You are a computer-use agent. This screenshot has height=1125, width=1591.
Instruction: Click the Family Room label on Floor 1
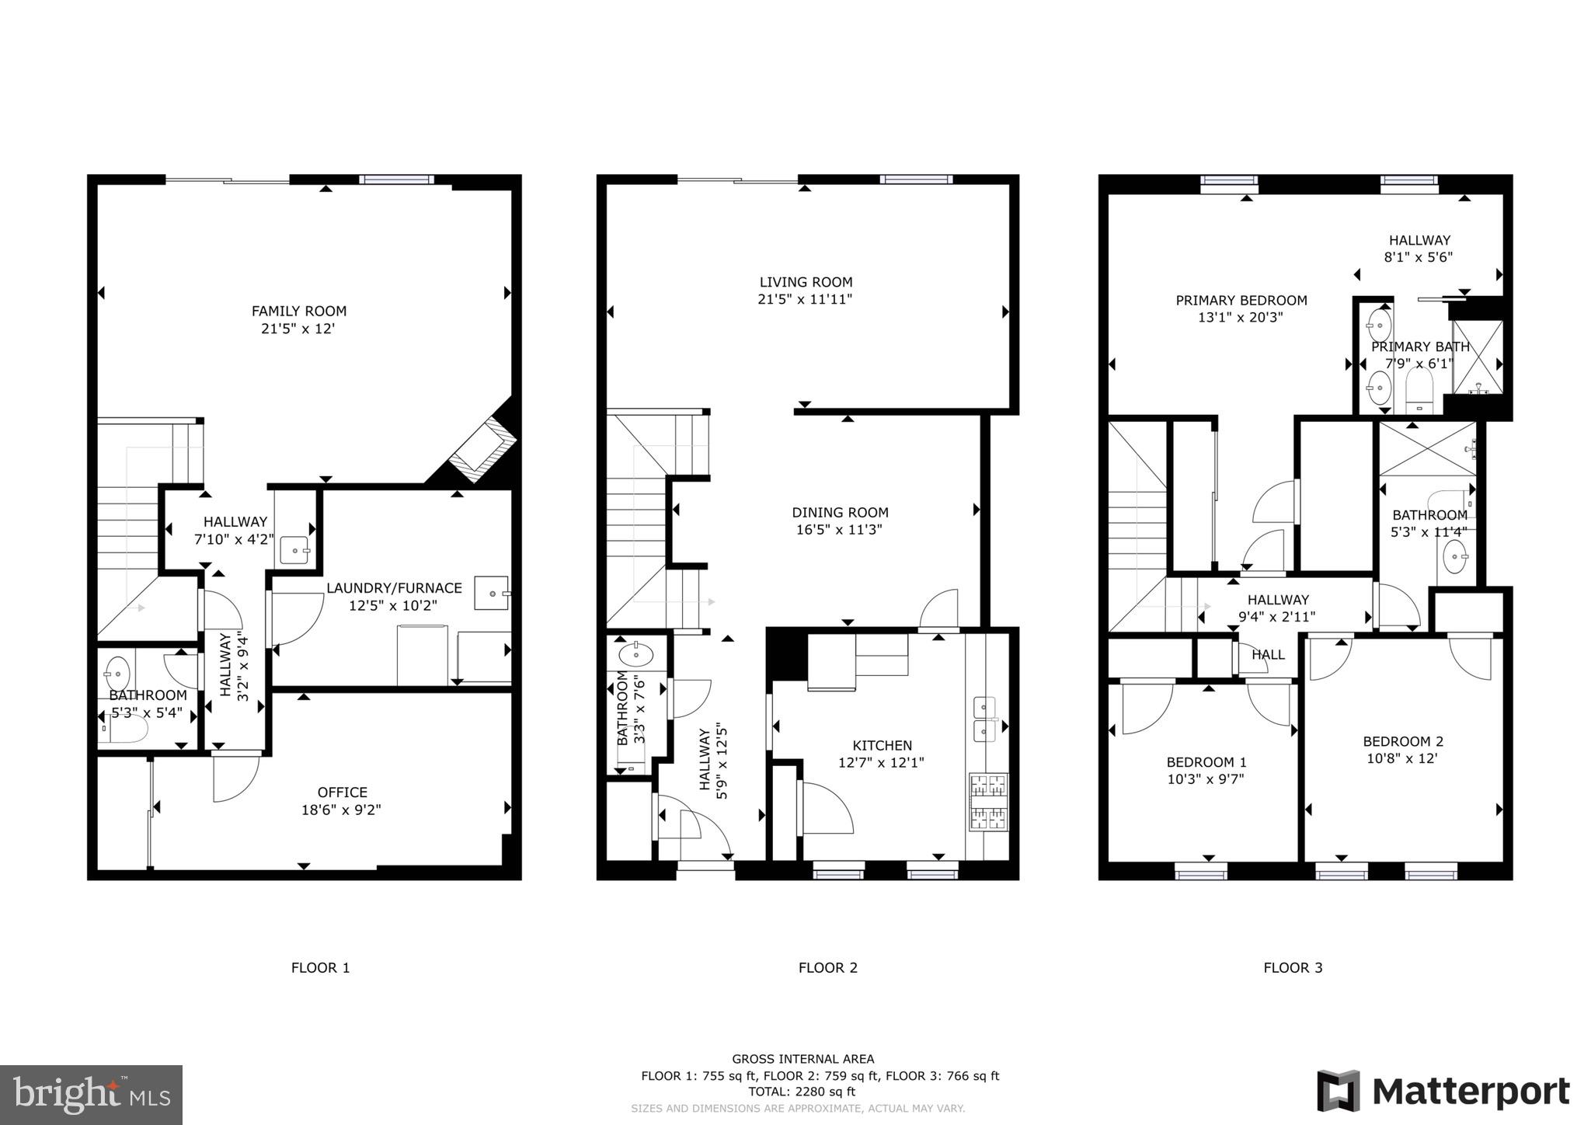click(298, 311)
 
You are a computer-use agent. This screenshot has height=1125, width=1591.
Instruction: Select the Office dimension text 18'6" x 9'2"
click(341, 810)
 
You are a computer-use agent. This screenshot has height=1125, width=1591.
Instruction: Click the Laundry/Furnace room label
click(394, 588)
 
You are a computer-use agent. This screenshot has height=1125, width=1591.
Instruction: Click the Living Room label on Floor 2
click(806, 282)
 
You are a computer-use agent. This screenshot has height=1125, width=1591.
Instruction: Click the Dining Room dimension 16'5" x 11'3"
click(840, 530)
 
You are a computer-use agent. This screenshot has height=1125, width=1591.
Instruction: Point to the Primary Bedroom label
click(1241, 300)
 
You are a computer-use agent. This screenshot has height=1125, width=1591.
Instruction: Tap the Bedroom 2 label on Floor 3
click(1403, 741)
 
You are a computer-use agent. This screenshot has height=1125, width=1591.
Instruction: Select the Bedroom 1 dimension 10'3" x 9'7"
click(1206, 779)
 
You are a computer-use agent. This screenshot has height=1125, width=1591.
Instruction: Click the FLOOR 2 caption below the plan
click(827, 967)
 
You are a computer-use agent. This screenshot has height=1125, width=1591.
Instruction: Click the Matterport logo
click(1443, 1091)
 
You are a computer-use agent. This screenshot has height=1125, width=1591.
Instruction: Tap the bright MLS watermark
click(92, 1095)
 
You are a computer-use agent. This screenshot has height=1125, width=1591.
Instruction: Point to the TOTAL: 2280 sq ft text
click(802, 1092)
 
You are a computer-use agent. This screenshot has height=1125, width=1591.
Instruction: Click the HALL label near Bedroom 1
click(1268, 655)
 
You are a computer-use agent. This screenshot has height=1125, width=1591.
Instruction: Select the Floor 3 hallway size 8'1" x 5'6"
click(1419, 257)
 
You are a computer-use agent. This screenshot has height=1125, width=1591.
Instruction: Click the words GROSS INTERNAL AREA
click(802, 1059)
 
